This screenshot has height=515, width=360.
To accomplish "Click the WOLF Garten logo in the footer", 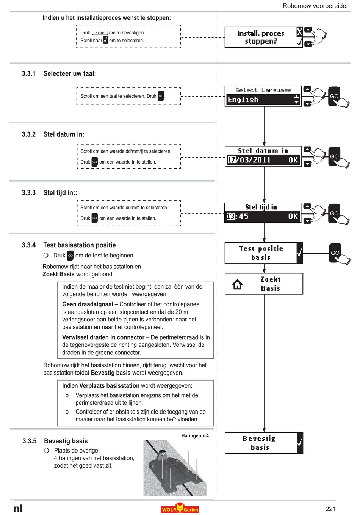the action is point(180,508).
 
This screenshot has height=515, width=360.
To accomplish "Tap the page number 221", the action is point(330,509).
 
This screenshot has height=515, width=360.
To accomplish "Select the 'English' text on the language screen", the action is point(243,100).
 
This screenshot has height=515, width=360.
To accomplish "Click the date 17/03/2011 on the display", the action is point(249,159).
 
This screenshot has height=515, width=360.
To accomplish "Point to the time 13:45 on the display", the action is point(238,216).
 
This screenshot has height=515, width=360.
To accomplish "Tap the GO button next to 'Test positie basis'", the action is point(335,253).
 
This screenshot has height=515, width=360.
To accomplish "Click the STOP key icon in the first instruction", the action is point(100,33).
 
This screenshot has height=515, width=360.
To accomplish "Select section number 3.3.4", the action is point(29,245).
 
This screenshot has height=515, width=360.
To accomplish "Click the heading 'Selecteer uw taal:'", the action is point(70,73).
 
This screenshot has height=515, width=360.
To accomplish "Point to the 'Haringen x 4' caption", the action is point(195,436).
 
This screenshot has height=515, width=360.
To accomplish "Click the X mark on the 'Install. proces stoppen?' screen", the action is point(299,31).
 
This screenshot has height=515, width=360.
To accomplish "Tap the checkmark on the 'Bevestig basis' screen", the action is point(299,442).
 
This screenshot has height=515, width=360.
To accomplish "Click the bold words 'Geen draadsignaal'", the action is point(88,304).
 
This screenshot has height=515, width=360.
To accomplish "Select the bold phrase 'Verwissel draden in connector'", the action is point(103,337).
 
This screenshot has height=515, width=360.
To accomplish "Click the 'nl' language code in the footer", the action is point(18,509).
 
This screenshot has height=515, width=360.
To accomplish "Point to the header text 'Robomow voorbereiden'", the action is point(316,6).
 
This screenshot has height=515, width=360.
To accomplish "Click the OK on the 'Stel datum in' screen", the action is point(293,160).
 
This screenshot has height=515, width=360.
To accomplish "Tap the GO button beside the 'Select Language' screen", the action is point(334,96).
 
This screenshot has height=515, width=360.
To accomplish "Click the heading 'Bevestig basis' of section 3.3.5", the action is point(66,441).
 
